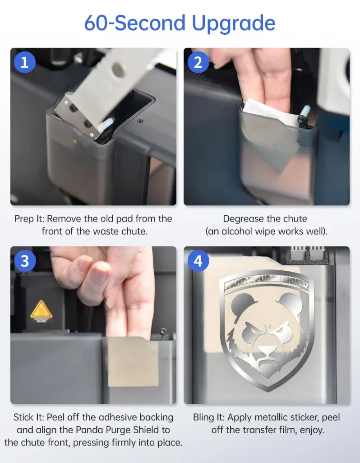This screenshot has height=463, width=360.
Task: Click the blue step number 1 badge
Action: pyautogui.click(x=25, y=62)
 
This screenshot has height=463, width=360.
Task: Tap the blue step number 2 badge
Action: pyautogui.click(x=198, y=62)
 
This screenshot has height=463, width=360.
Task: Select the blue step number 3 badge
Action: pyautogui.click(x=25, y=261)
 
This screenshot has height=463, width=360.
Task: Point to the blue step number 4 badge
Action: pyautogui.click(x=198, y=261)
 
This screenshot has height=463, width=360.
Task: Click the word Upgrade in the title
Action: pyautogui.click(x=233, y=23)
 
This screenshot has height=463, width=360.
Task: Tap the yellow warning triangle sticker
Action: pyautogui.click(x=42, y=310)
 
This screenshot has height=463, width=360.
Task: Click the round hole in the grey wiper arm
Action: pyautogui.click(x=118, y=69)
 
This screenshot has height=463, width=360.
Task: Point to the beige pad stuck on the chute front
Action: pyautogui.click(x=133, y=362)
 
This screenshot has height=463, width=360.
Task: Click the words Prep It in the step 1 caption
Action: pyautogui.click(x=29, y=219)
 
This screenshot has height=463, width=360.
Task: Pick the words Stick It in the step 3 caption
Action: pyautogui.click(x=28, y=417)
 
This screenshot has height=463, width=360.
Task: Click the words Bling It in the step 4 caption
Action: pyautogui.click(x=209, y=417)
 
